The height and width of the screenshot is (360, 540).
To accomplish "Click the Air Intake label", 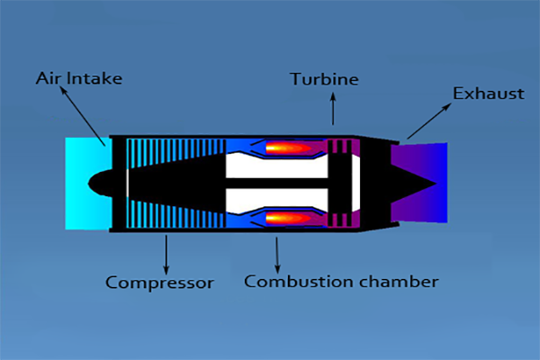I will (x=80, y=78).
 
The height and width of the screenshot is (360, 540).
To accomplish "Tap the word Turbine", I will (x=324, y=80).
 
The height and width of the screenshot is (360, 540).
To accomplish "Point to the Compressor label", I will (x=160, y=283).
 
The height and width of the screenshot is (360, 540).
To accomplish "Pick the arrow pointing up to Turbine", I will (x=333, y=112).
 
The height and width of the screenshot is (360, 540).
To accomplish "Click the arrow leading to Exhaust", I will (x=428, y=121).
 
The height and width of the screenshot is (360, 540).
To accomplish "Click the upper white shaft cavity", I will (x=270, y=166).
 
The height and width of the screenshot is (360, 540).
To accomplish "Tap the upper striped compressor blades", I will (x=171, y=148).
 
